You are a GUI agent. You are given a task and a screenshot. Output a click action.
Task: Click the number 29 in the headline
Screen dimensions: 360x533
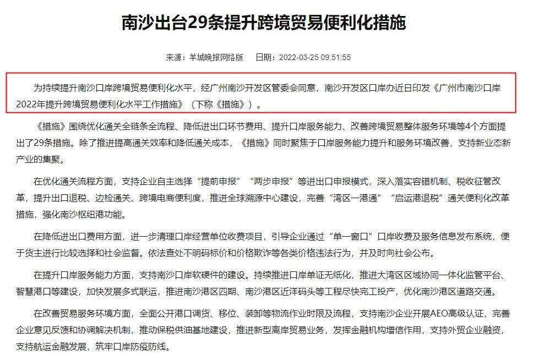point(197,23)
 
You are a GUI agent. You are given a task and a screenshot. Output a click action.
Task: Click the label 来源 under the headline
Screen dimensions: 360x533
point(173,57)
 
